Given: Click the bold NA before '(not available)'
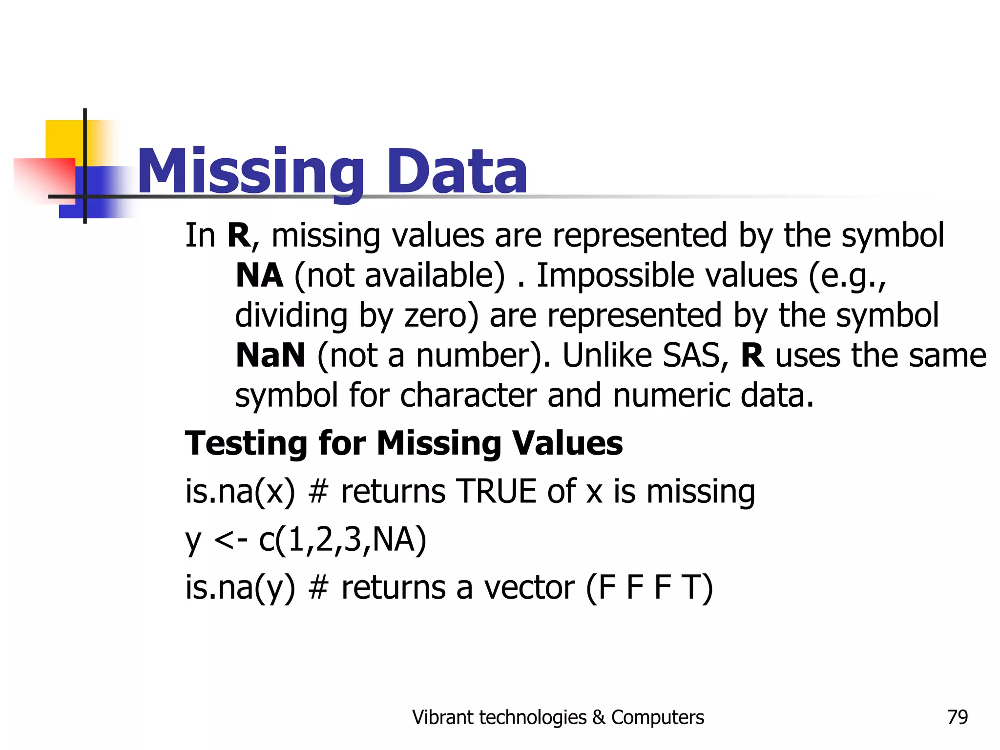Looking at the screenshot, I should click(259, 276).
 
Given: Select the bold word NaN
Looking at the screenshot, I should click(270, 355).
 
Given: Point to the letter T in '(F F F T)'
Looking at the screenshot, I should click(691, 587).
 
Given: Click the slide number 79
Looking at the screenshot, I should click(957, 717).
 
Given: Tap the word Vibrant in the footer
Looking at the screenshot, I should click(442, 717).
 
